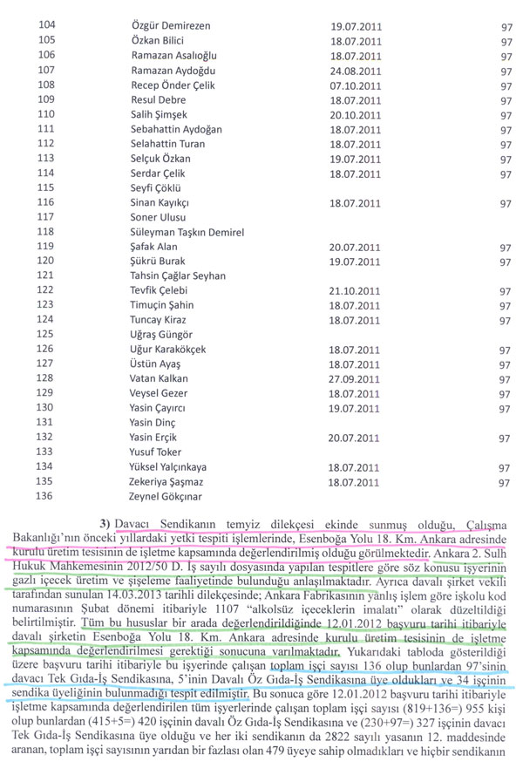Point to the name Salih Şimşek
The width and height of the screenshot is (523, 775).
(157, 114)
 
